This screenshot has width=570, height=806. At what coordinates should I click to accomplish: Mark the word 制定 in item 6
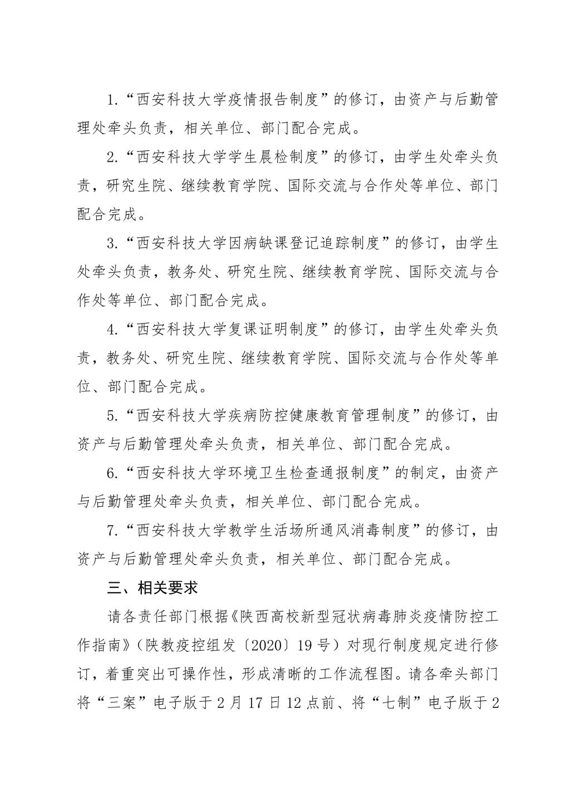[x=425, y=473]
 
